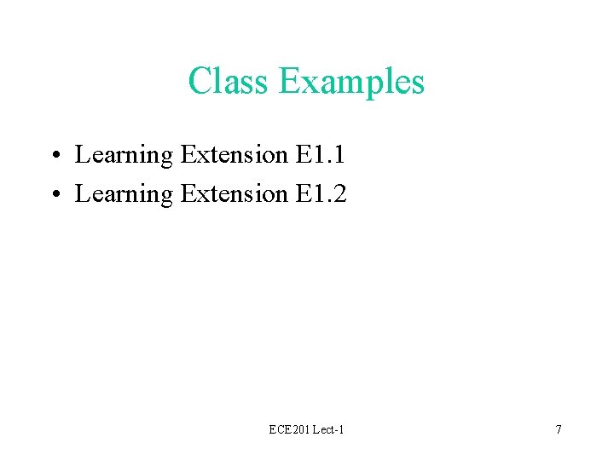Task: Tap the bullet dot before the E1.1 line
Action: pos(53,156)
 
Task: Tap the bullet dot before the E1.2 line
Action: pos(53,195)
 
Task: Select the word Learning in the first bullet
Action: pos(124,156)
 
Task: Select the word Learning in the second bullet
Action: pos(124,195)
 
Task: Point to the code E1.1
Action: pos(321,155)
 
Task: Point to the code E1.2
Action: pos(321,194)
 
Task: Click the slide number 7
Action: pos(559,429)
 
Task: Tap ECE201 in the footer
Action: pos(287,429)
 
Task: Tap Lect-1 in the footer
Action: pos(327,429)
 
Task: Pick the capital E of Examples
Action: pos(289,82)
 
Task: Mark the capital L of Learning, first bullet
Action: pos(82,155)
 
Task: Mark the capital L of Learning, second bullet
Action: pos(82,194)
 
